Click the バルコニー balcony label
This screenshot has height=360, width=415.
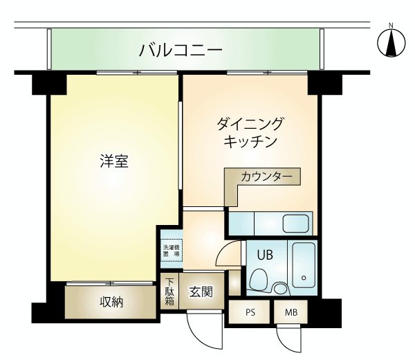point(181,51)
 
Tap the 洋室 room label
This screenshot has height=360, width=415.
point(114,161)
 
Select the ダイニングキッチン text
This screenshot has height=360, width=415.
point(250,132)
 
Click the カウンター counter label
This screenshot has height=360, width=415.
point(266,177)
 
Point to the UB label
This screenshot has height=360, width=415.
point(265,255)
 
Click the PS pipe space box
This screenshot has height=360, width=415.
point(250,312)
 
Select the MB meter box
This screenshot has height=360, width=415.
point(291,312)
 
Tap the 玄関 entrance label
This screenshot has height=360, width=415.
point(201,291)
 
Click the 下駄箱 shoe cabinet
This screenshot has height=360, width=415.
point(169,291)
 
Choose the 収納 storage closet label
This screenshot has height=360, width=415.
point(111,302)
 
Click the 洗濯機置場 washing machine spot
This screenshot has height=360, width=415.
point(172,251)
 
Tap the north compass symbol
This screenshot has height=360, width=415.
point(391,43)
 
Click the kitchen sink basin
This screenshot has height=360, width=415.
point(296,224)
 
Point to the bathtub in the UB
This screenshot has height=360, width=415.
point(304,265)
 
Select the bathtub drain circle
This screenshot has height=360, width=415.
point(304,278)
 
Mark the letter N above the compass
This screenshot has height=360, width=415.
point(391,26)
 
